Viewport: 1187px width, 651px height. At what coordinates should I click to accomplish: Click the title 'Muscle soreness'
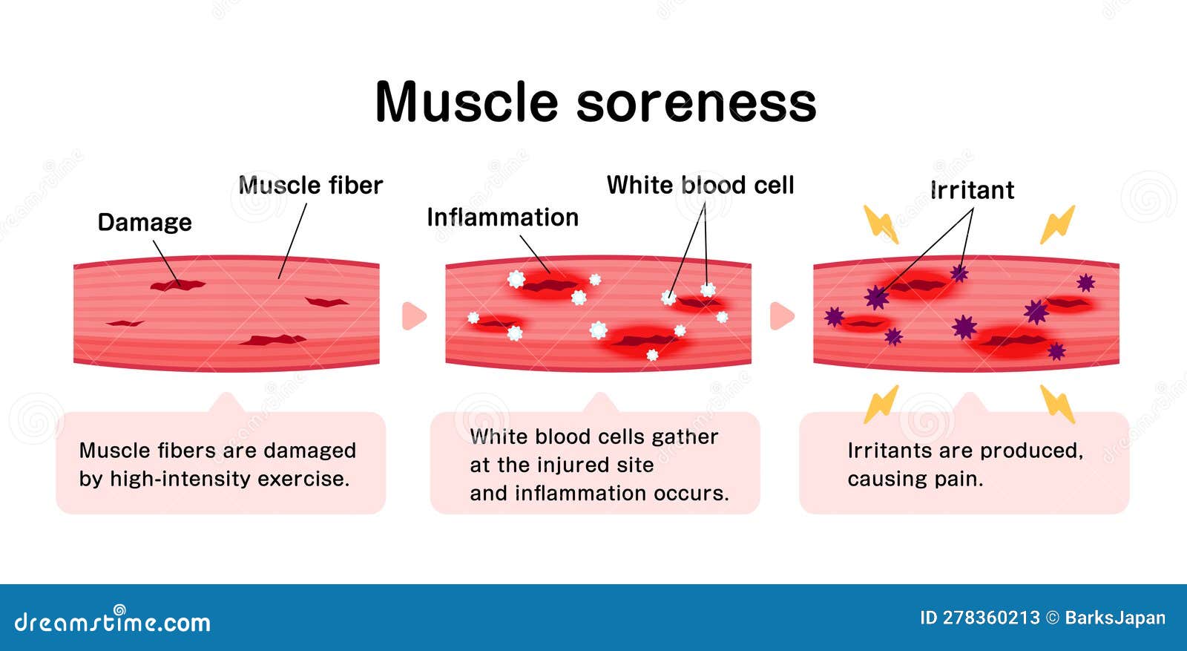tap(595, 102)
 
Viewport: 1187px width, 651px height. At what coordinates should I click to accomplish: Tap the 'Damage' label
tap(145, 222)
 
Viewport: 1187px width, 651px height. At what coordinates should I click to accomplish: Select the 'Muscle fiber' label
tap(310, 185)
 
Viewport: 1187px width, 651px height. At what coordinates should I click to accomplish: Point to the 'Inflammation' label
tap(502, 217)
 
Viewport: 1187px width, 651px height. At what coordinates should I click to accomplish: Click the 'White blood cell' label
tap(700, 185)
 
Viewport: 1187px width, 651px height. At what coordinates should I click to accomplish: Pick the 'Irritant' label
tap(972, 190)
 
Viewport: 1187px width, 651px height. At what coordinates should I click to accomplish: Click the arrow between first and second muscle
tap(413, 315)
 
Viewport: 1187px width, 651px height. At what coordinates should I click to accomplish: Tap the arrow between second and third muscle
tap(781, 315)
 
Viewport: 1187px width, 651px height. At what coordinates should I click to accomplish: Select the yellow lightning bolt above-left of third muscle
tap(881, 223)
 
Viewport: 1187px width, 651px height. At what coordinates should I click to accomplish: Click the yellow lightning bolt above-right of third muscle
tap(1057, 223)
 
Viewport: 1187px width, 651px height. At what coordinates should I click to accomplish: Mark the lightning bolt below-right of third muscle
tap(1058, 404)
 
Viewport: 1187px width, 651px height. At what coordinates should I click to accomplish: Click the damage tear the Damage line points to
tap(177, 284)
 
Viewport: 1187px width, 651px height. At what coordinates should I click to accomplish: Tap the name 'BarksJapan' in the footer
tap(1115, 618)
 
